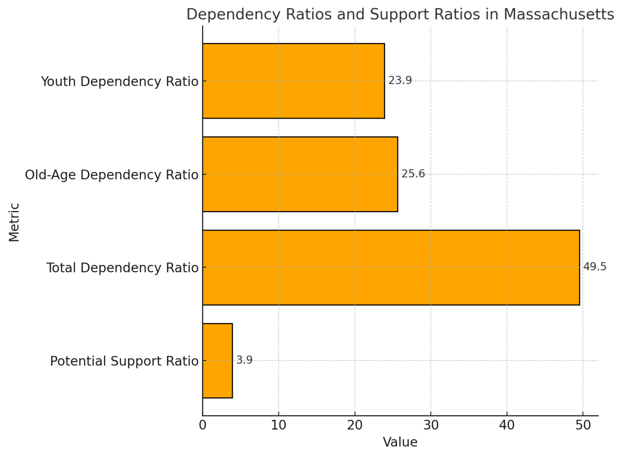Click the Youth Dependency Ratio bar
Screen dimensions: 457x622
(293, 81)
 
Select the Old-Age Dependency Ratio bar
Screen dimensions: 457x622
(300, 174)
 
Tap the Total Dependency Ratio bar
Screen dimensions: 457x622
(391, 267)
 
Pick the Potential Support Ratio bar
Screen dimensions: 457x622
(217, 361)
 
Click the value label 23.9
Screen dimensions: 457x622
(400, 81)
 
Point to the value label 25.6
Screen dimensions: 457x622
(413, 174)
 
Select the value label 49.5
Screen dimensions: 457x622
(594, 267)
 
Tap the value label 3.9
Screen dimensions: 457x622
(244, 360)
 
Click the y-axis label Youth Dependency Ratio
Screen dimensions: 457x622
(119, 81)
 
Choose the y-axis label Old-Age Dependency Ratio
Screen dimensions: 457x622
(111, 175)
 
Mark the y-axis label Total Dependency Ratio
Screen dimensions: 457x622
(122, 268)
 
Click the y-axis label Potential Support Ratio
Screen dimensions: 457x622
(124, 361)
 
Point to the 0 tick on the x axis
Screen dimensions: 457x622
(202, 425)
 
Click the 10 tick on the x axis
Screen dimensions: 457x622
(279, 425)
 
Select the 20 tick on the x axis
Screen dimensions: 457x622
(355, 425)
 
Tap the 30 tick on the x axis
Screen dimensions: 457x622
(431, 425)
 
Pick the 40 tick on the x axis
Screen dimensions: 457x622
(507, 425)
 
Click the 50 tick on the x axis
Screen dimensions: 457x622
(583, 425)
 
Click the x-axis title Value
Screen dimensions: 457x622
(400, 442)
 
